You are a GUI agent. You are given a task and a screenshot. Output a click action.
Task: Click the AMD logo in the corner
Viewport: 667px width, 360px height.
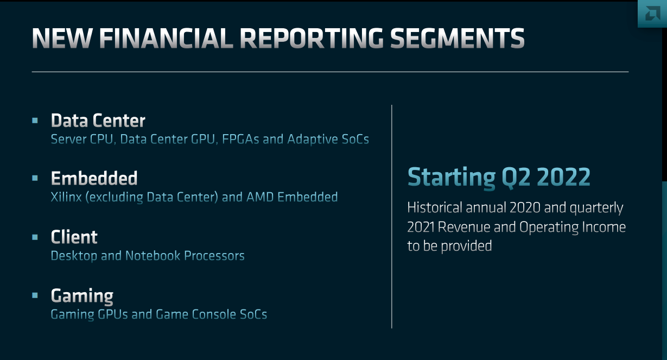(x=652, y=14)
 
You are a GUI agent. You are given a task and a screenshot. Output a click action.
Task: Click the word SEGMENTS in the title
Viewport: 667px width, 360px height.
(x=458, y=38)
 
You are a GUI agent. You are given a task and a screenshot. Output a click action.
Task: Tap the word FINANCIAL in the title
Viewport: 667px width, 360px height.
(x=166, y=38)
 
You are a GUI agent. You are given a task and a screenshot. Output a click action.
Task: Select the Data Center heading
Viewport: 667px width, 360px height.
(x=98, y=121)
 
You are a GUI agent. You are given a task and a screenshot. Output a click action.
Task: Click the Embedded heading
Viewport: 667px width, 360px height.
(x=94, y=178)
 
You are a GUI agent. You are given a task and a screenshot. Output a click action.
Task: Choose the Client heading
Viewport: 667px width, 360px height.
(x=74, y=237)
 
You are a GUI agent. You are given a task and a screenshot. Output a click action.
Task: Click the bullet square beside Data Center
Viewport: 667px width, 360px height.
(x=35, y=121)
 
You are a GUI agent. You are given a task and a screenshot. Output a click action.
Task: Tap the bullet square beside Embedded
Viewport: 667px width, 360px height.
(x=35, y=178)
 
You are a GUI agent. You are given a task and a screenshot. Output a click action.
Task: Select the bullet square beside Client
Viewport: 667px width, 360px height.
(x=35, y=237)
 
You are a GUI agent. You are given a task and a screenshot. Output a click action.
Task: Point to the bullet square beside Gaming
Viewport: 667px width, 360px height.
(x=35, y=295)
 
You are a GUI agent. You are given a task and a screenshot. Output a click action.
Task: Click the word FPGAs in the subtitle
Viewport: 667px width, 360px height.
(x=240, y=139)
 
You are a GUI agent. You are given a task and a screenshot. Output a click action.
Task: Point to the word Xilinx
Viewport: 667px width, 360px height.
(x=66, y=197)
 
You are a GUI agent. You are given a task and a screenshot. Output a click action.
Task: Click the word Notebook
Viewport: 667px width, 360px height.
(x=153, y=256)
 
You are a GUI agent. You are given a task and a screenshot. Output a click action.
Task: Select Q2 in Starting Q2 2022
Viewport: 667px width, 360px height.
(x=516, y=178)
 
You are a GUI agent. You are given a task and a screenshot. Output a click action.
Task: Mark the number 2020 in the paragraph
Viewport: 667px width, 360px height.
(x=525, y=208)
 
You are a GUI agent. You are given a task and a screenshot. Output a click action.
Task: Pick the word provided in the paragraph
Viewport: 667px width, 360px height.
(x=466, y=247)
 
